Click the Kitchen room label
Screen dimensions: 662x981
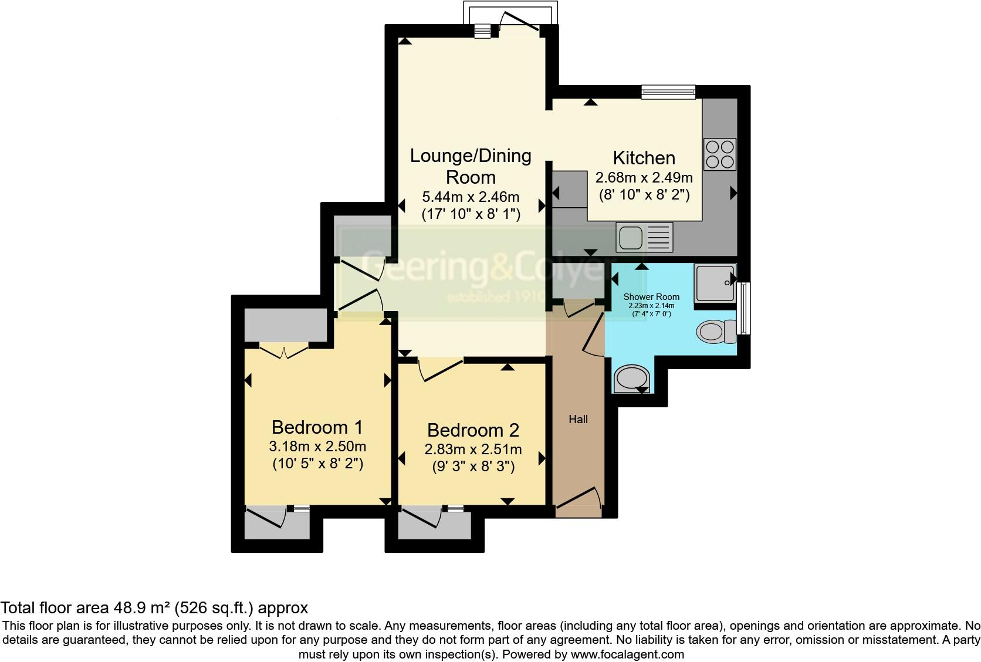click(644, 158)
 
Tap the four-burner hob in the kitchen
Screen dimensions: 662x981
click(720, 154)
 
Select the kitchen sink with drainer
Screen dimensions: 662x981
click(644, 237)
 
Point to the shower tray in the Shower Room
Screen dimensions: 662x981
click(715, 283)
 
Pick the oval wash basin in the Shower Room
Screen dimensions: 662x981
click(631, 379)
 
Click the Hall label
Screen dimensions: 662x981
click(578, 419)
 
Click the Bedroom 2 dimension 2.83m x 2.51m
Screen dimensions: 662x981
click(473, 450)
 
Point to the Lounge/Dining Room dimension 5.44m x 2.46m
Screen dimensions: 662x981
click(471, 197)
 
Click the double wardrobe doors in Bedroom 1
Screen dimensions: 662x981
click(284, 352)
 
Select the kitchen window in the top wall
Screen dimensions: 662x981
click(668, 92)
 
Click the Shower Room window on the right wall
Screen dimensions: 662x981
click(744, 308)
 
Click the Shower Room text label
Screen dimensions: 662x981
click(651, 297)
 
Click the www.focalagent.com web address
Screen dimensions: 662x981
click(627, 654)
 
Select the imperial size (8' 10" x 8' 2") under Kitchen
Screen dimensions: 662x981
click(644, 195)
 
